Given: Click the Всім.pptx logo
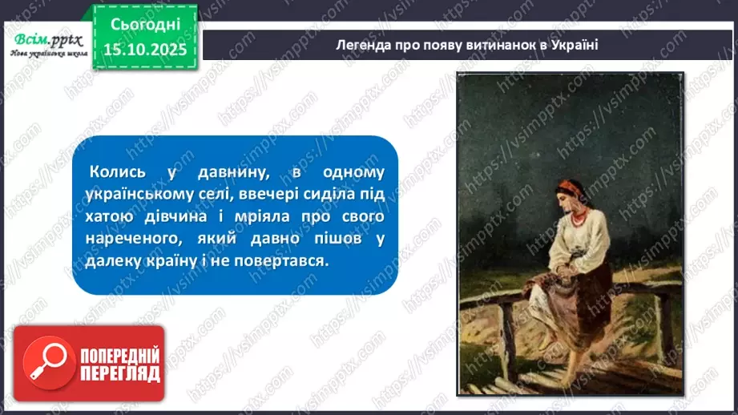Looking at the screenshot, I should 46,37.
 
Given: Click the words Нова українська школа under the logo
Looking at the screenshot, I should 46,53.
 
